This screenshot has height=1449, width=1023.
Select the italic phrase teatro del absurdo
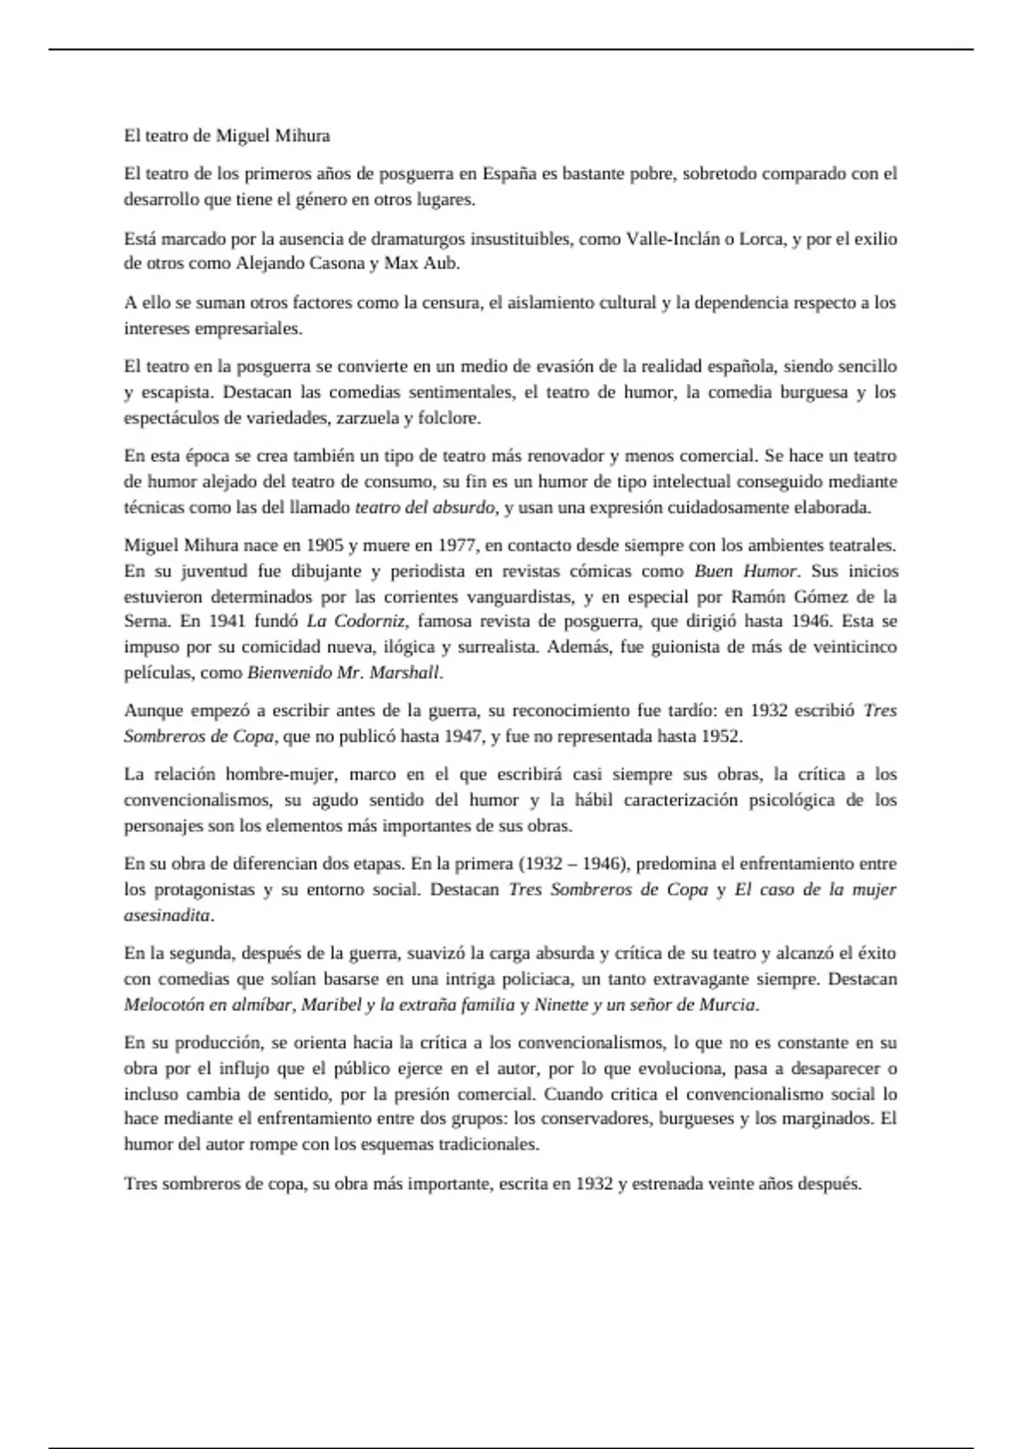(x=425, y=507)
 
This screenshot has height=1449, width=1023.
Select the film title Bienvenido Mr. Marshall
(x=344, y=673)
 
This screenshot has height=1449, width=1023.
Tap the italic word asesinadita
(x=167, y=915)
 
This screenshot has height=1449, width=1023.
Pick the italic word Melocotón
(x=163, y=1004)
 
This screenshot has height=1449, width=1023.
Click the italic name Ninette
(x=561, y=1004)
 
